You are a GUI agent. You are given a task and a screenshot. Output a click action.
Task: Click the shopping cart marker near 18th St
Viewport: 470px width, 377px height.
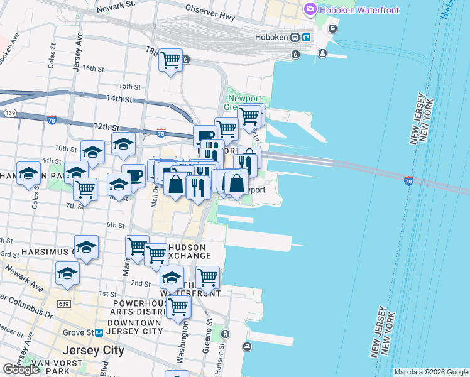pos(170,60)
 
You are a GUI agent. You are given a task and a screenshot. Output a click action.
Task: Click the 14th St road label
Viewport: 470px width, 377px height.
pos(119,99)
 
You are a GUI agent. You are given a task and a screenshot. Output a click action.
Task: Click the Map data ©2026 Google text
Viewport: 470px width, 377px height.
pos(430,372)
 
